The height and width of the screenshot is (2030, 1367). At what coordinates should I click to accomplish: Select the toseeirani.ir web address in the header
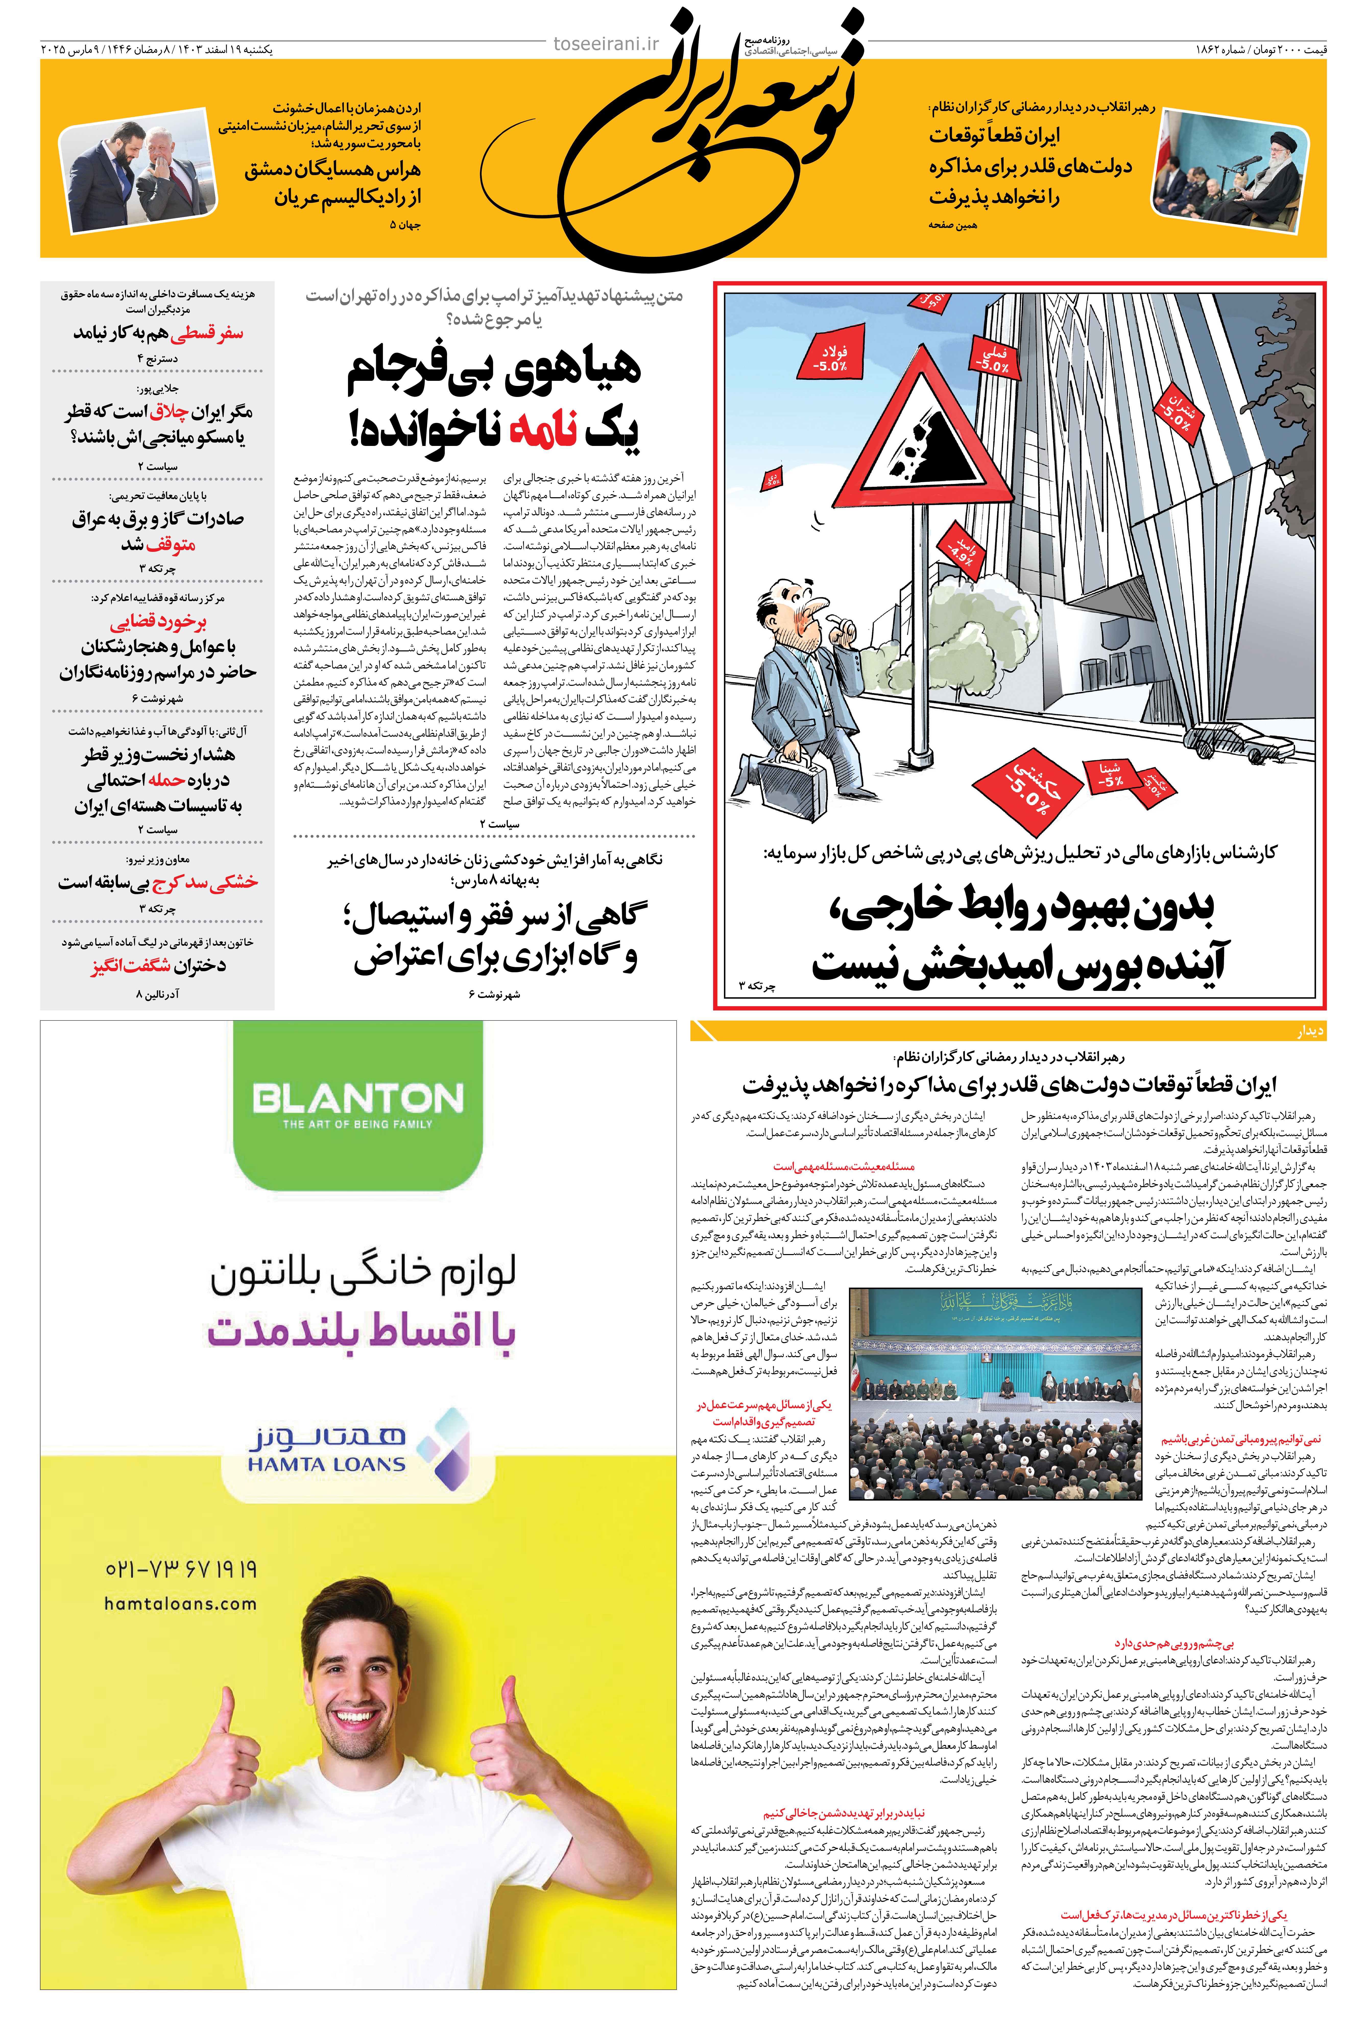click(606, 44)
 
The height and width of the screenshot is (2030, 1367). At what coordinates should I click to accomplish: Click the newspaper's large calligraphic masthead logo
click(706, 139)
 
